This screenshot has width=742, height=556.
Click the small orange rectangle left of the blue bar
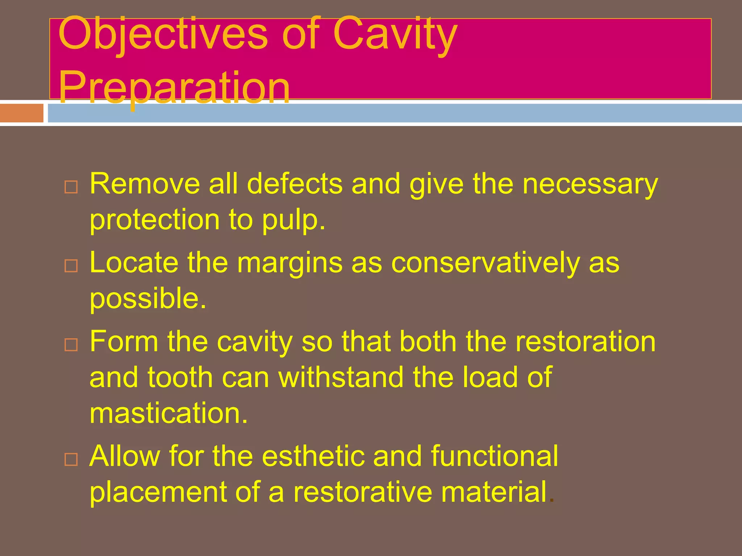[21, 113]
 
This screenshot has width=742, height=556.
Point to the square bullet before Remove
[71, 187]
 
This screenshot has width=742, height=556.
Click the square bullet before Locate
[71, 266]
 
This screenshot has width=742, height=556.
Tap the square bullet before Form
[71, 345]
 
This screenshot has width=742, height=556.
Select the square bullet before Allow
[71, 459]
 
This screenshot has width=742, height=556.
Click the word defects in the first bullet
[294, 184]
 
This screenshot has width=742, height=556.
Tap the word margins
[289, 263]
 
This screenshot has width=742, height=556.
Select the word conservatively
[485, 263]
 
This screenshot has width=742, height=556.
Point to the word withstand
[341, 378]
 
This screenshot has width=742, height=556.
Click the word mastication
[168, 413]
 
